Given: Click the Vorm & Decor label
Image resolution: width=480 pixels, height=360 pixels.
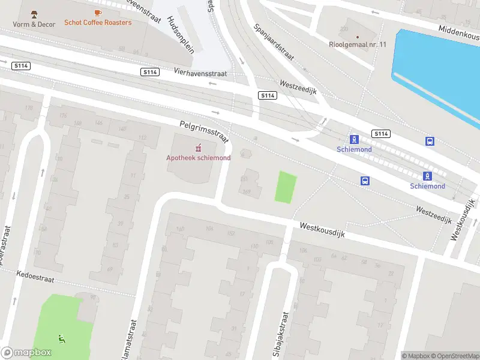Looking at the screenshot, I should pos(34,24).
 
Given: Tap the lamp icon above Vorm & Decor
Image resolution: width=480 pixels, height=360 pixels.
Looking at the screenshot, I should pos(34,14).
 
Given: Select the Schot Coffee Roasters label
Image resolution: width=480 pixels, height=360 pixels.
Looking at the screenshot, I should pos(98,22).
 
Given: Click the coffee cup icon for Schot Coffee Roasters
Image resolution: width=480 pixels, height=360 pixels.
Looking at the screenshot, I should pos(98,12).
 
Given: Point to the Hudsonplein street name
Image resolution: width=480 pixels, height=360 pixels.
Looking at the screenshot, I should pos(181,35).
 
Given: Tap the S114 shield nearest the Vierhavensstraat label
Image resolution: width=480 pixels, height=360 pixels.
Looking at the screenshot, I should pos(150,72).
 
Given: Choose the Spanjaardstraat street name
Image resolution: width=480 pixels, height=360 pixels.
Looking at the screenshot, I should pos(273,42).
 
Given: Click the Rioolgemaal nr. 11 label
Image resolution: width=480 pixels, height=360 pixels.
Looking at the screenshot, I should pos(358,44).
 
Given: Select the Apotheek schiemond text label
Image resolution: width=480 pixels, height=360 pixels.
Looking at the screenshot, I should pos(198,158).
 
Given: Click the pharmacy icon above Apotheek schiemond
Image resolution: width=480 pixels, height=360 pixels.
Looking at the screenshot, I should pos(198,148).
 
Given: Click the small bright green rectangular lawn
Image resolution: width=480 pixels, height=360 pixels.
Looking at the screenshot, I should pos(286,187).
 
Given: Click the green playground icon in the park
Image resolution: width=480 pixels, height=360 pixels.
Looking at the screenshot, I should pos(61,339).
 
